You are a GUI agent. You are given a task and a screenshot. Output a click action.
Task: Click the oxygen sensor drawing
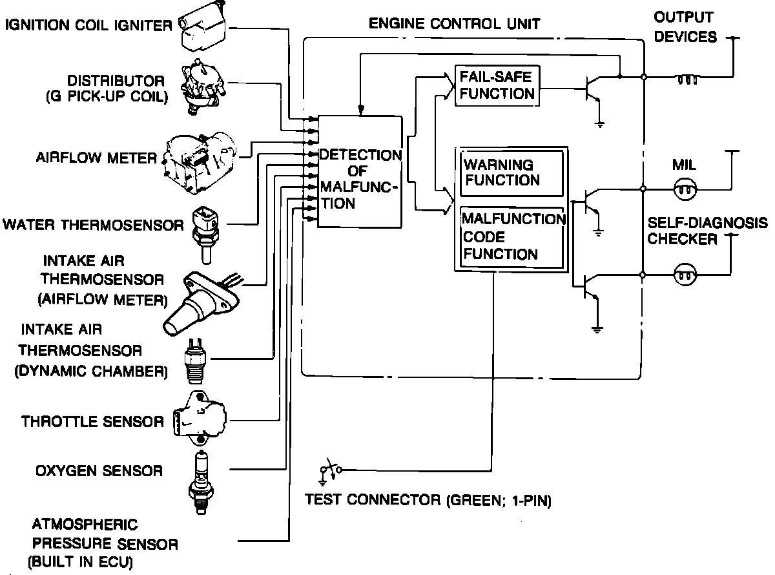click(x=200, y=481)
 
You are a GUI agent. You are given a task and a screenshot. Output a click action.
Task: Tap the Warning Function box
click(x=511, y=172)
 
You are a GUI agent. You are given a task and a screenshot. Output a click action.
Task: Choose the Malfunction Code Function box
click(x=511, y=236)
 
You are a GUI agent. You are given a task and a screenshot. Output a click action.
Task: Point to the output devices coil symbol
click(x=687, y=80)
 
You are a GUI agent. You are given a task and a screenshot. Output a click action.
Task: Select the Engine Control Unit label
click(x=454, y=25)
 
